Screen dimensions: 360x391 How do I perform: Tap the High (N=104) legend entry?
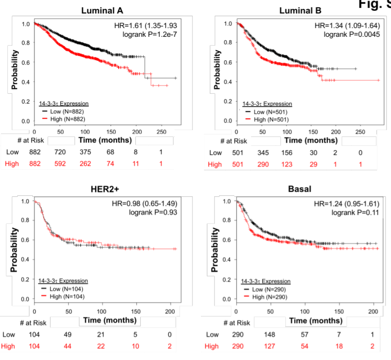click(x=64, y=297)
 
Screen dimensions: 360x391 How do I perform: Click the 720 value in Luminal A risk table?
click(x=60, y=153)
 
